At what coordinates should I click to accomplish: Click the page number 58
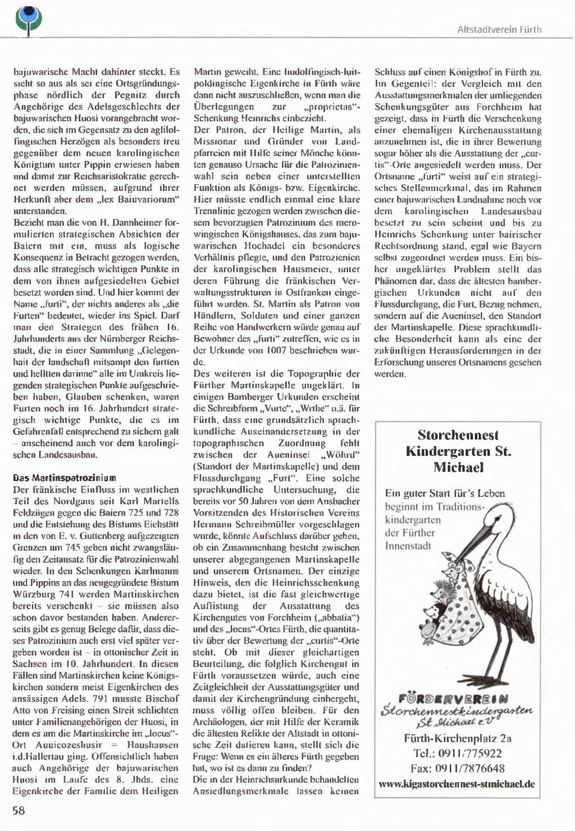tap(19, 810)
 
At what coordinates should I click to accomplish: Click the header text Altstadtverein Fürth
tap(499, 29)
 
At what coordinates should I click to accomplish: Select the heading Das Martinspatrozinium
tap(65, 478)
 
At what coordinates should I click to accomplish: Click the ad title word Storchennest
tap(458, 435)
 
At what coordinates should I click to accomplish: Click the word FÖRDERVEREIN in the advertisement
tap(453, 700)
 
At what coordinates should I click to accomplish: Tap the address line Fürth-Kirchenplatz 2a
tap(458, 738)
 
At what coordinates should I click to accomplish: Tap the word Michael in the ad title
tap(458, 467)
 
